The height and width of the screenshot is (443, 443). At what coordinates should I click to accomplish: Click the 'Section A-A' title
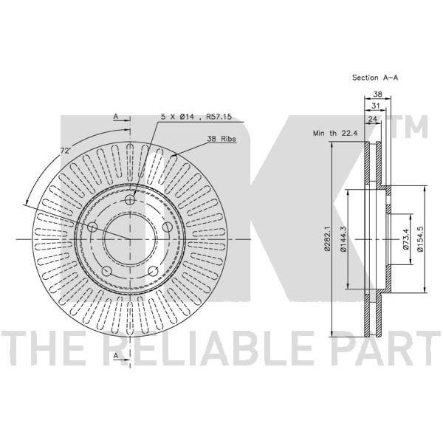click(375, 78)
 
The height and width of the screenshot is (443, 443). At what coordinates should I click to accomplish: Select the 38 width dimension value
click(377, 94)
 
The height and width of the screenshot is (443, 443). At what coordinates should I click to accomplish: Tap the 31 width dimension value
click(375, 106)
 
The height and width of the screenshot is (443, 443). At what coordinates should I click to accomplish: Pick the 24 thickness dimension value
click(373, 119)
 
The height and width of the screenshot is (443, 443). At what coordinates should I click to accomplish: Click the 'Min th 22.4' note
click(335, 133)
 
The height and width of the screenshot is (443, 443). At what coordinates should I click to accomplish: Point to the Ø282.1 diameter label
click(327, 239)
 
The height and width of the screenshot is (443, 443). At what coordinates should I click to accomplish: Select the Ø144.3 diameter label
click(343, 239)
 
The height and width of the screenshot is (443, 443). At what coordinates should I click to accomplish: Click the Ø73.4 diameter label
click(405, 239)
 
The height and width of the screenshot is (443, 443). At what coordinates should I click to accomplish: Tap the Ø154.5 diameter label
click(420, 239)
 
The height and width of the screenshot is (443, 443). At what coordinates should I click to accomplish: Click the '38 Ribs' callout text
click(221, 139)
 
